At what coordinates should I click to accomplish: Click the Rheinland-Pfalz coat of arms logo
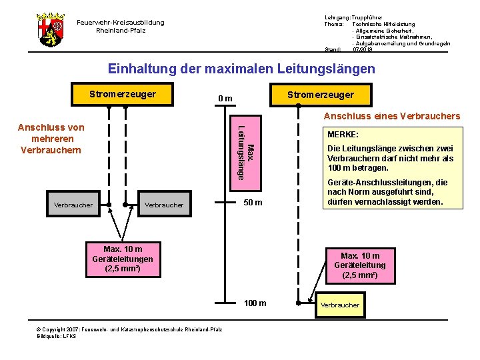[50, 29]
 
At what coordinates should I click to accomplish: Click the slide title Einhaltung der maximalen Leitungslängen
[241, 69]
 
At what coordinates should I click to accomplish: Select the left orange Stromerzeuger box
[123, 94]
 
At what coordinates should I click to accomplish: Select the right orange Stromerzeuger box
[320, 95]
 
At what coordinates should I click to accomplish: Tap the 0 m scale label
[225, 99]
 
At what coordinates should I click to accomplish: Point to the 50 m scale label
[253, 203]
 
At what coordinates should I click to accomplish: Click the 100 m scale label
[255, 303]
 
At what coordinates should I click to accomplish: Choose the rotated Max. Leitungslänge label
[245, 152]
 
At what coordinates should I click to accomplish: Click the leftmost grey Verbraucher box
[73, 205]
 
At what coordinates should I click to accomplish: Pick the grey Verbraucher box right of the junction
[163, 205]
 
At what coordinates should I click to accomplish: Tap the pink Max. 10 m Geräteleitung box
[359, 265]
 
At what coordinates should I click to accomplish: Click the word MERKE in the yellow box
[343, 134]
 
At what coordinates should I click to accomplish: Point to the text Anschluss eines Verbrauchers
[391, 116]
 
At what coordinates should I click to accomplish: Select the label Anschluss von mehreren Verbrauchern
[51, 139]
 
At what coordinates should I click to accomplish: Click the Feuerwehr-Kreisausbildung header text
[121, 26]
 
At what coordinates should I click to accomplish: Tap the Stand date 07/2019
[363, 49]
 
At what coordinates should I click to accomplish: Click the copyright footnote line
[129, 330]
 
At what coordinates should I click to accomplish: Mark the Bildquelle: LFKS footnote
[57, 336]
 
